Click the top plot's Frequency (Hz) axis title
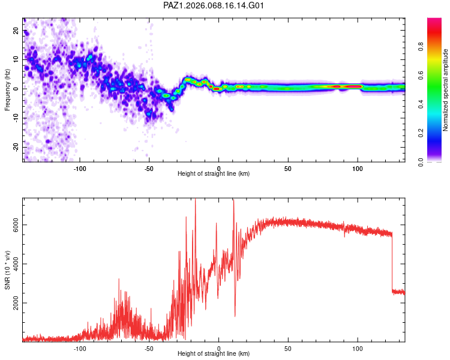[x=7, y=89]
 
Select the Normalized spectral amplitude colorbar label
[x=445, y=90]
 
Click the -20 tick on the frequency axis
[x=16, y=147]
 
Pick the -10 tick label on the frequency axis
[x=16, y=118]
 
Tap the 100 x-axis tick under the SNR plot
[x=358, y=349]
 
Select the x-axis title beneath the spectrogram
[x=214, y=174]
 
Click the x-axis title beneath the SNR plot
[x=214, y=355]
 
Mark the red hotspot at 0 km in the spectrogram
[x=217, y=89]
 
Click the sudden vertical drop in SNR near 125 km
[x=392, y=264]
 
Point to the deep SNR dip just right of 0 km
[x=235, y=315]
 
